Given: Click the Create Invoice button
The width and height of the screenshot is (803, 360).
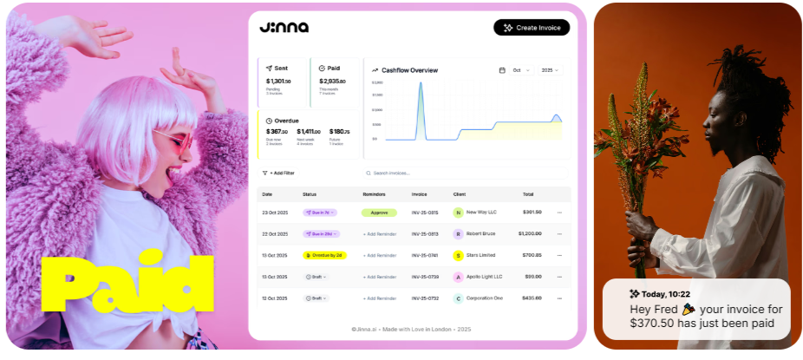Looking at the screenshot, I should (532, 28).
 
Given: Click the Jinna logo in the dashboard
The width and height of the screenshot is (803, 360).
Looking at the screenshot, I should (284, 27).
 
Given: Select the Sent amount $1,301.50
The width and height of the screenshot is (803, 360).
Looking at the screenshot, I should (278, 81).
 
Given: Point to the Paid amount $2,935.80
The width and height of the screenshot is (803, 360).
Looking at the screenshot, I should (332, 81).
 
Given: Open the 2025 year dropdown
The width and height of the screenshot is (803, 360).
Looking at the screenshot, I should (550, 70).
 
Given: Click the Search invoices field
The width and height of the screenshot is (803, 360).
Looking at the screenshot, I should (464, 173).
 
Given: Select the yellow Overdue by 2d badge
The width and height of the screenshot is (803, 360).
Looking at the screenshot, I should (323, 255).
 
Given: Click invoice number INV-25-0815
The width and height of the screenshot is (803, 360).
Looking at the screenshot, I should (425, 212).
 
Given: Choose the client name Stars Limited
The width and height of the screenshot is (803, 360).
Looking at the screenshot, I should (480, 255).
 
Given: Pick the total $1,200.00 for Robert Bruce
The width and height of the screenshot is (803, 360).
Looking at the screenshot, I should (530, 233).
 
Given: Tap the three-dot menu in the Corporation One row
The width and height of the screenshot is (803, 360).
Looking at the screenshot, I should (559, 298).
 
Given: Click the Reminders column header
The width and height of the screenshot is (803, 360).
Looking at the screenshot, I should (374, 194).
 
